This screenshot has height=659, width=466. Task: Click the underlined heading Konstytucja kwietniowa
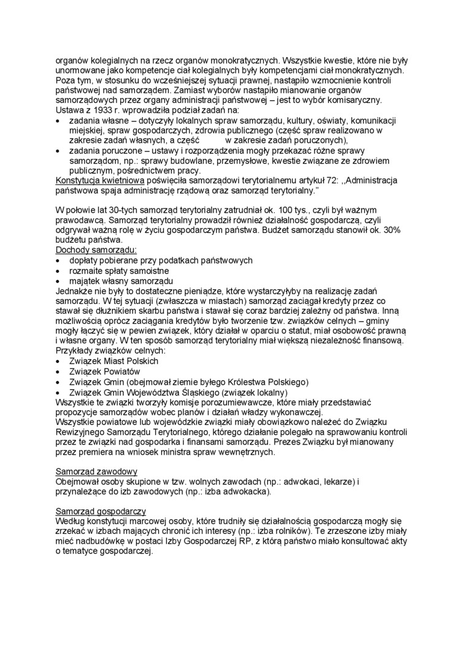tap(100, 181)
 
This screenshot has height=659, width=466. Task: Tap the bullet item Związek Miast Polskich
tap(105, 361)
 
